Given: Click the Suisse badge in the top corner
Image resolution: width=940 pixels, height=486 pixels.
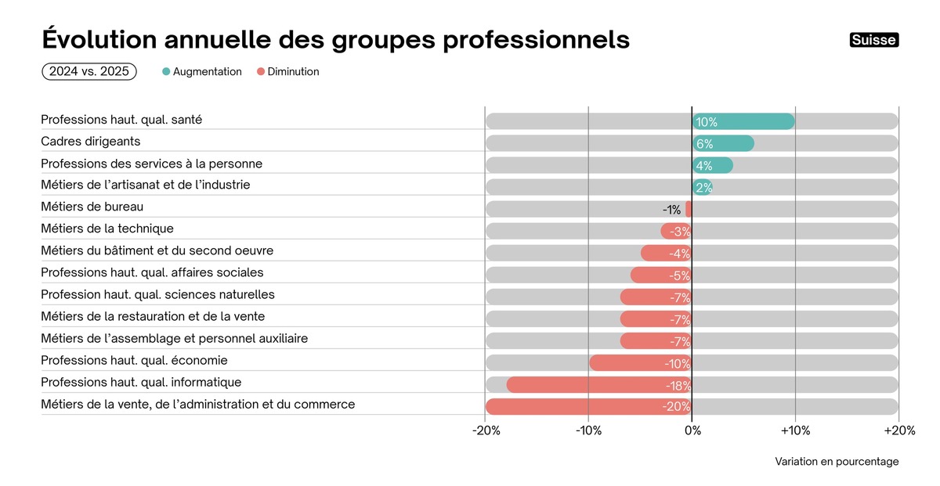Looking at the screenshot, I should (x=874, y=40).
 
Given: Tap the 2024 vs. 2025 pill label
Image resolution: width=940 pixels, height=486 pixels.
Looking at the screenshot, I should (x=89, y=71).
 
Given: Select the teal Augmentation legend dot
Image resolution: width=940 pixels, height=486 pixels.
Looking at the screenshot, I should (x=166, y=72).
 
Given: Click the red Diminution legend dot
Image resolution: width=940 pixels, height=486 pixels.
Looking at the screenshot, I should (x=261, y=72).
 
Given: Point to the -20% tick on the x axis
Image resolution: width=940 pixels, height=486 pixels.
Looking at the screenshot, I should (x=486, y=430).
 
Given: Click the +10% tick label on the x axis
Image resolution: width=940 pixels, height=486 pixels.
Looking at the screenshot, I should (x=795, y=430).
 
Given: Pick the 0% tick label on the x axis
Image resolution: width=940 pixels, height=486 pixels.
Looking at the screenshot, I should (x=692, y=430).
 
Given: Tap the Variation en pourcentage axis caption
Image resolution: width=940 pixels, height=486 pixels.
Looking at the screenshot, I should (x=837, y=462).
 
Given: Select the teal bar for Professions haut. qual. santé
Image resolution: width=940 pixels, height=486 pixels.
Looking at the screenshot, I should (x=743, y=121).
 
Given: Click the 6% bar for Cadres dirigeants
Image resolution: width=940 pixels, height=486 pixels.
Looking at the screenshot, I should (x=723, y=143).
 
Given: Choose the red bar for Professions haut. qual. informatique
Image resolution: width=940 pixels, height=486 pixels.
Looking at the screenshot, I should (x=599, y=385).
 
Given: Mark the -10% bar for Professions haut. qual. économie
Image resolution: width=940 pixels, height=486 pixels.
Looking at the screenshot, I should (x=640, y=363).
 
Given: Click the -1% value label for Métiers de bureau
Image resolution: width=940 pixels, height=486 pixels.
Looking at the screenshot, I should (x=671, y=210).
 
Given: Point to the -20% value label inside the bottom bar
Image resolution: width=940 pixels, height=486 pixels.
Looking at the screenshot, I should (x=677, y=407).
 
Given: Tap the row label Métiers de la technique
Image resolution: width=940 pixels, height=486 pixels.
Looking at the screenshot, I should (x=107, y=229).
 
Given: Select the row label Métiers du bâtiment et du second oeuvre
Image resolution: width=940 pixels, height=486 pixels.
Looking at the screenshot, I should (x=157, y=250).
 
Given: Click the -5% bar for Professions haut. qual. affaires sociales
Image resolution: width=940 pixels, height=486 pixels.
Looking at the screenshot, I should (x=660, y=275).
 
